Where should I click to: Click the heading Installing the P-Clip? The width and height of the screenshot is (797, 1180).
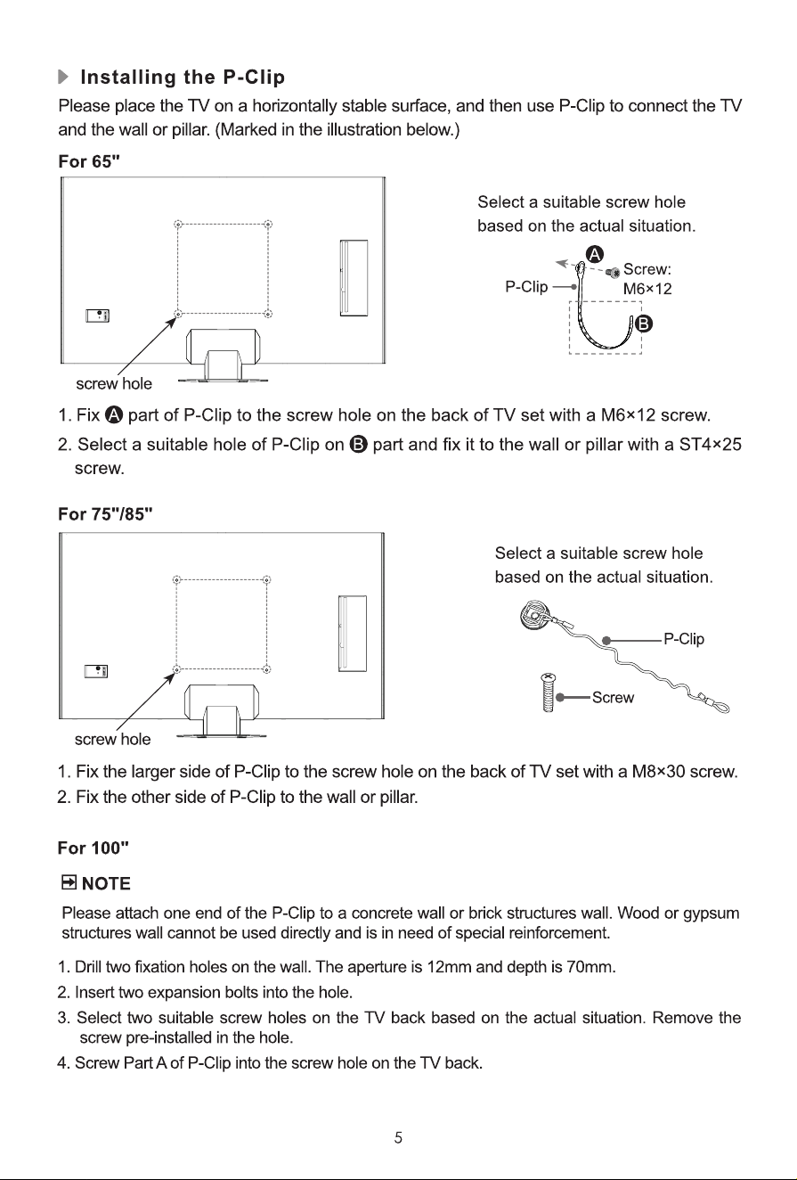pos(183,77)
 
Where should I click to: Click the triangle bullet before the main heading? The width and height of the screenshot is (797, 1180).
pos(62,77)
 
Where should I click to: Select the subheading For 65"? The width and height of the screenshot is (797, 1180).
pos(89,161)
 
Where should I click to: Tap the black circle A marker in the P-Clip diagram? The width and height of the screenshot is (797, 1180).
pos(595,254)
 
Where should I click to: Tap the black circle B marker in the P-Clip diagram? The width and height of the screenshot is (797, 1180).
pos(644,324)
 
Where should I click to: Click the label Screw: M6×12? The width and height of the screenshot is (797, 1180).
pos(647,279)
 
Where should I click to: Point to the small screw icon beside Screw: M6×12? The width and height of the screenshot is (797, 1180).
pos(613,273)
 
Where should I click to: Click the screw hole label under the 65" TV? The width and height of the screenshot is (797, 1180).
pos(114,383)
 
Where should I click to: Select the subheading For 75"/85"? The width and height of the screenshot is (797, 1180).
pos(105,513)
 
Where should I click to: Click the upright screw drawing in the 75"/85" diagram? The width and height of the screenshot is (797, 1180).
pos(548,692)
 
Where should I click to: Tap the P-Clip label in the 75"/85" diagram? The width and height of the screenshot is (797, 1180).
pos(684,639)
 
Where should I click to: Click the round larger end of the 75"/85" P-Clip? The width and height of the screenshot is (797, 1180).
pos(534,614)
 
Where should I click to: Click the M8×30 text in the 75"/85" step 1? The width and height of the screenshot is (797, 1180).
pos(658,772)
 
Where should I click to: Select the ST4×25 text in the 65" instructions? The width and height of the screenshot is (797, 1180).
pos(710,445)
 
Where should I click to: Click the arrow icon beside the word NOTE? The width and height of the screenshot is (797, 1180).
pos(69,881)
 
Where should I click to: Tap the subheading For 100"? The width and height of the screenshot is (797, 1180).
pos(94,848)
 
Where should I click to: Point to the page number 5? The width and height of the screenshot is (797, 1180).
pos(399,1138)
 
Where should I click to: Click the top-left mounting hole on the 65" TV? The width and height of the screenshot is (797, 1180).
pos(178,225)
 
